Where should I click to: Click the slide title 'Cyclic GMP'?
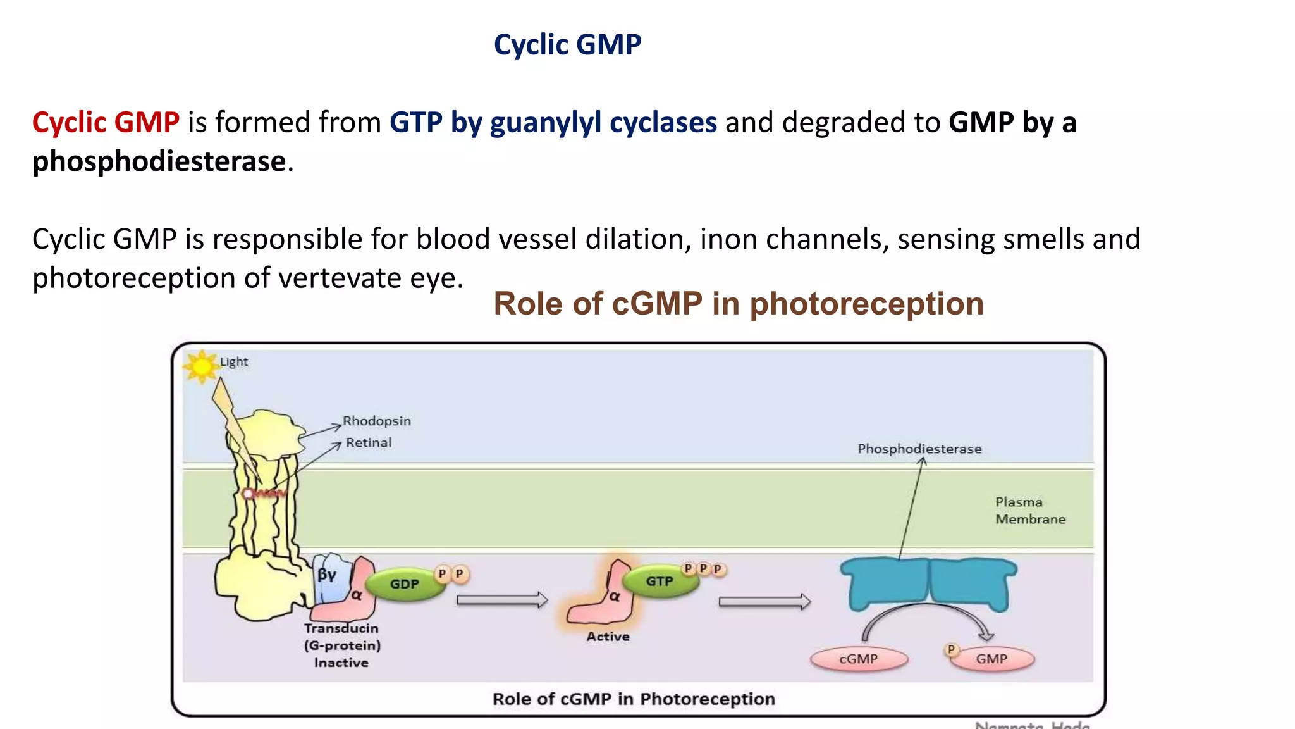[567, 45]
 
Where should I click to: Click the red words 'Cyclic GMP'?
[106, 122]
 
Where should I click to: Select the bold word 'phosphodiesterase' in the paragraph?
[159, 161]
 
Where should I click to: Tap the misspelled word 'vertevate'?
[345, 278]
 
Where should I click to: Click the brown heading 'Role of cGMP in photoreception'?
[738, 304]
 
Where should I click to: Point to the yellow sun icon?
[202, 366]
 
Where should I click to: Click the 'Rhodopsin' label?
[376, 421]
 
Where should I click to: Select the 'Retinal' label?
[368, 442]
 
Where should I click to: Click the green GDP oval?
[404, 583]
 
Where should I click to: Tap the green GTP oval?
[659, 581]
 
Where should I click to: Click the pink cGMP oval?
[858, 659]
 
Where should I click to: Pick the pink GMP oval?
[991, 659]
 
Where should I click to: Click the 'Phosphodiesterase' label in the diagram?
[919, 449]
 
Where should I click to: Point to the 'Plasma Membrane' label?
[1029, 510]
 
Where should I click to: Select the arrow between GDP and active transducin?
[501, 599]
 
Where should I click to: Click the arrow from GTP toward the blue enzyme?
[764, 601]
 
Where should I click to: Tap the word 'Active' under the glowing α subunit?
[608, 637]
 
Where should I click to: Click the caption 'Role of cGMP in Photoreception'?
[633, 699]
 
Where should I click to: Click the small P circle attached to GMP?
[950, 650]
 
